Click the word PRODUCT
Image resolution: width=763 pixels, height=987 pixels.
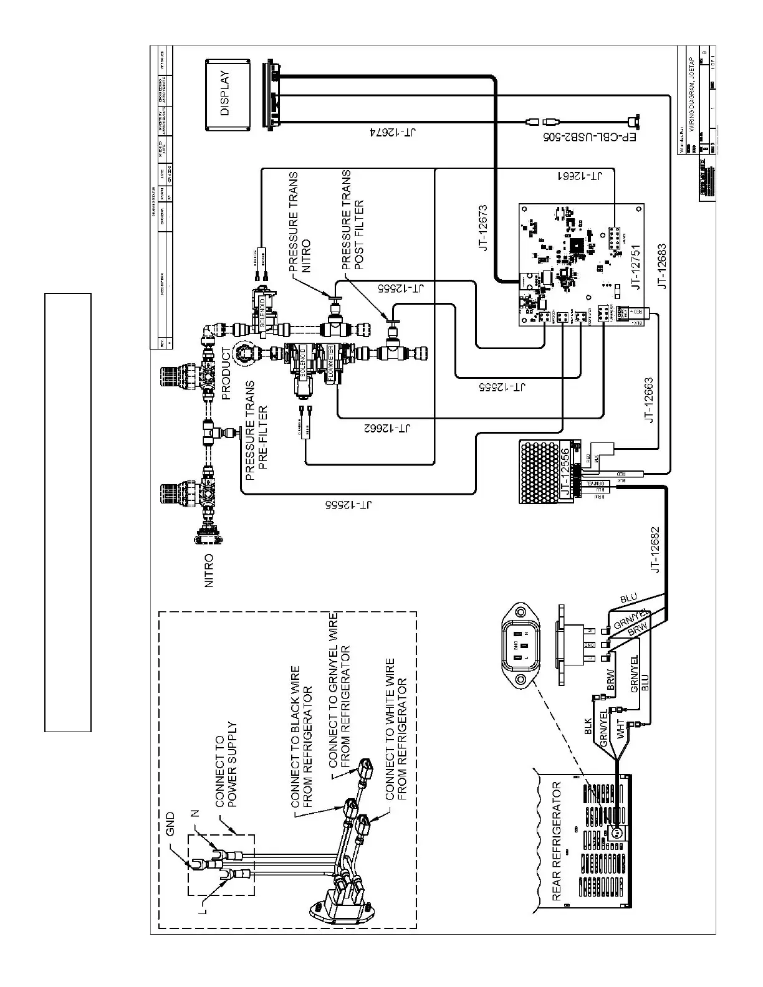point(226,374)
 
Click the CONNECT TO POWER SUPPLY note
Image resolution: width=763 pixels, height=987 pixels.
point(226,764)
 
